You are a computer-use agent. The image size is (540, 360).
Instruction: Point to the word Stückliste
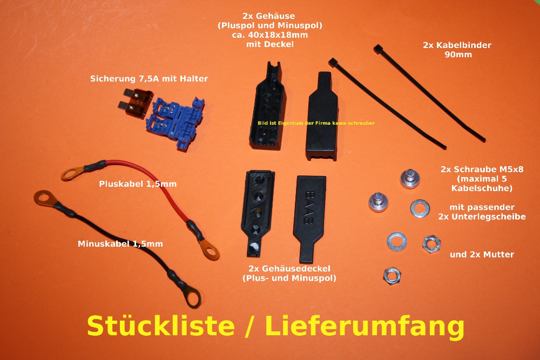pos(160,326)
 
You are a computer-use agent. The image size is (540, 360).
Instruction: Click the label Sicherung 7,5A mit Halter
pos(148,79)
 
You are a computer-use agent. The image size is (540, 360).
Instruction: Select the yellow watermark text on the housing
pos(316,123)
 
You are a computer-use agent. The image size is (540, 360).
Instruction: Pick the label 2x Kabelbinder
pos(453,45)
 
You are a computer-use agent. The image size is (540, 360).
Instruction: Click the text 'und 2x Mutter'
pos(482,254)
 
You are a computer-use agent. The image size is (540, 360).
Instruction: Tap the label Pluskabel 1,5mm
pos(138,184)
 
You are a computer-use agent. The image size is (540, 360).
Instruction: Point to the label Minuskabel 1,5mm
pos(120,244)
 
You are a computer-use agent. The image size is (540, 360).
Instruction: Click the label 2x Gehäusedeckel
pos(289,269)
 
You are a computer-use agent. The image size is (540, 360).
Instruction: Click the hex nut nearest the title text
pos(391,275)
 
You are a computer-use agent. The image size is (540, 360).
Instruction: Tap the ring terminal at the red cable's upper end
pos(70,174)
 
